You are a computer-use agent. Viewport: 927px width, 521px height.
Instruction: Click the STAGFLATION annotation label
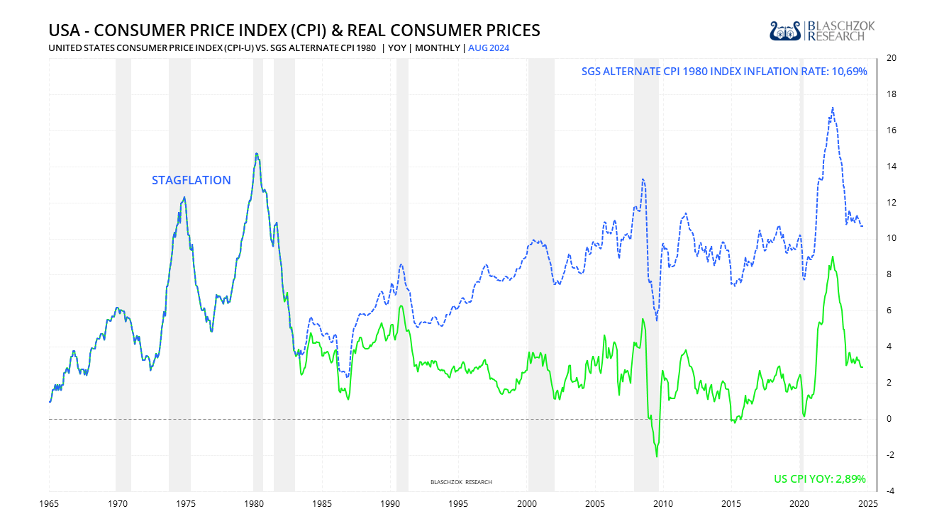[x=191, y=180]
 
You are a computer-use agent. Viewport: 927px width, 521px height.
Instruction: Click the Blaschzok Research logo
[x=822, y=30]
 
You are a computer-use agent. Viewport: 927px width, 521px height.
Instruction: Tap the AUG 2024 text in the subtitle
[x=489, y=48]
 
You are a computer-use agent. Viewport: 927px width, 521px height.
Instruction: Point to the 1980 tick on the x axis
[x=254, y=503]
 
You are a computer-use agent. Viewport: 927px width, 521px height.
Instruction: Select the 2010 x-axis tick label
[x=663, y=503]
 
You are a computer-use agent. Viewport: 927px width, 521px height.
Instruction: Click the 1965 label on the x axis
[x=49, y=503]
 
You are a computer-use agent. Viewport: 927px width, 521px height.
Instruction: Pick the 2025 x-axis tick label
[x=868, y=503]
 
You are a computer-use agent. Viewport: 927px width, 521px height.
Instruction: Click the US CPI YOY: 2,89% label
[x=819, y=479]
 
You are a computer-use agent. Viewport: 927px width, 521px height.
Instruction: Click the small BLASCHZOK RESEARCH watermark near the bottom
[x=461, y=482]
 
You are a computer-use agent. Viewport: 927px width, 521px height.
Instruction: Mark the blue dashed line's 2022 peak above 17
[x=832, y=108]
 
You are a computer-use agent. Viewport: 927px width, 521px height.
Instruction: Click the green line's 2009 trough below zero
[x=657, y=456]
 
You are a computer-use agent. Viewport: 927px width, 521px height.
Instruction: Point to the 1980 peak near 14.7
[x=256, y=153]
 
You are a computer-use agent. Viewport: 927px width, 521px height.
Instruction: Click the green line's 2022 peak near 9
[x=832, y=257]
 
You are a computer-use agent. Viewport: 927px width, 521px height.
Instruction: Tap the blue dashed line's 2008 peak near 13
[x=643, y=179]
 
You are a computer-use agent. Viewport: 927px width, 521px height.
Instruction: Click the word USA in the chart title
[x=63, y=30]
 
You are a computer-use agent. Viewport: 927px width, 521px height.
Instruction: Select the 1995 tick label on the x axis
[x=459, y=503]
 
